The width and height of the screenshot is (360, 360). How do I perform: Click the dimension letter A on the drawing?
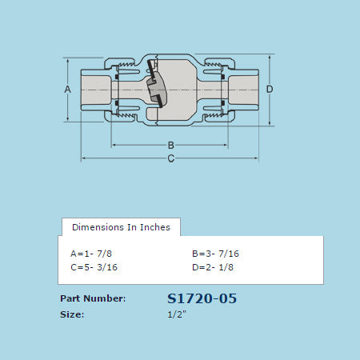[x=68, y=90]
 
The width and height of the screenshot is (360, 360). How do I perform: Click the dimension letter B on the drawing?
[x=171, y=146]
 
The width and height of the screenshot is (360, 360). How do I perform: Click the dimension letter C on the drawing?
[x=171, y=158]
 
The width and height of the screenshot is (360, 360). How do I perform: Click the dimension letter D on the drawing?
[x=270, y=89]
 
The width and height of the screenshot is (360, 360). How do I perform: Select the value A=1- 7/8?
[x=91, y=254]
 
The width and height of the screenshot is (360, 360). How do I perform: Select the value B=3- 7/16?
[x=215, y=254]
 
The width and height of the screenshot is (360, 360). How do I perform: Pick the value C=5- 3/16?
[x=94, y=267]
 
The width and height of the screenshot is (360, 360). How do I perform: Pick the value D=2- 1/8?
[x=213, y=267]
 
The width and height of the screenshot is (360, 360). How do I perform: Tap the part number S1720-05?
[x=202, y=298]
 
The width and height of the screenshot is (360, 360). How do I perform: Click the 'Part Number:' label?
[x=93, y=298]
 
